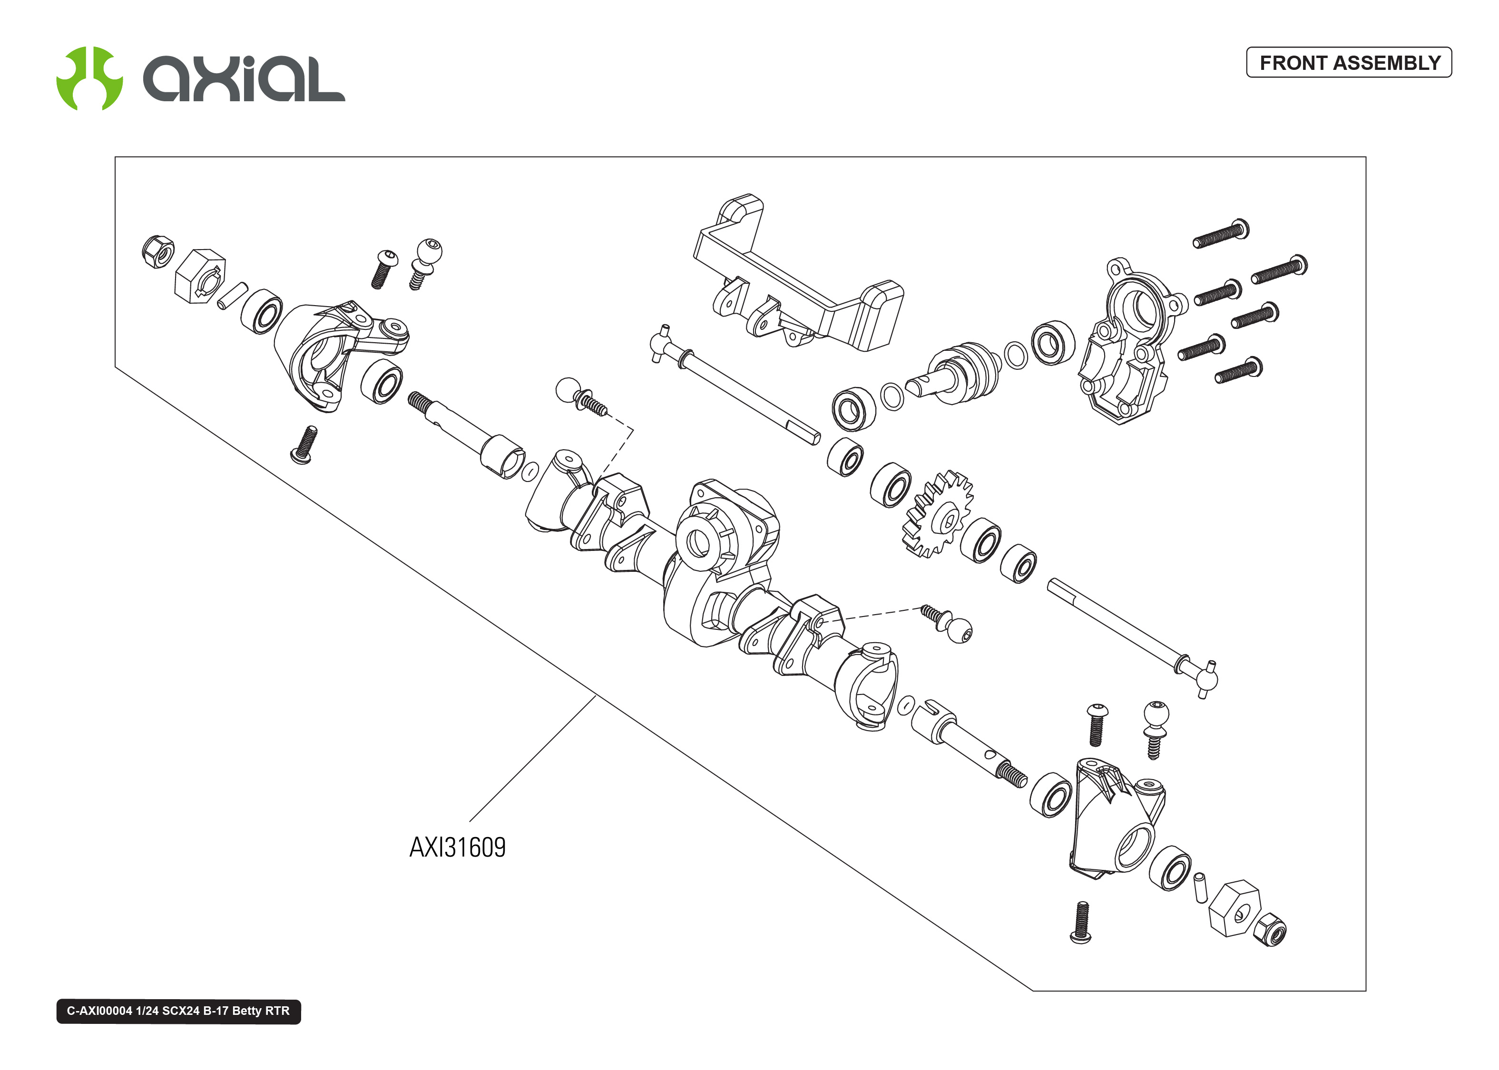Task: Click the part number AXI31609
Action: coord(458,848)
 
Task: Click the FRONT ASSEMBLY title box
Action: coord(1349,63)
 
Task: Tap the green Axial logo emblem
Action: coord(89,78)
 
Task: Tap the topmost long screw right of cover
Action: coord(1221,233)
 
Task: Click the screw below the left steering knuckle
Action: coord(304,445)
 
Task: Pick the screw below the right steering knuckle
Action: coord(1080,923)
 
